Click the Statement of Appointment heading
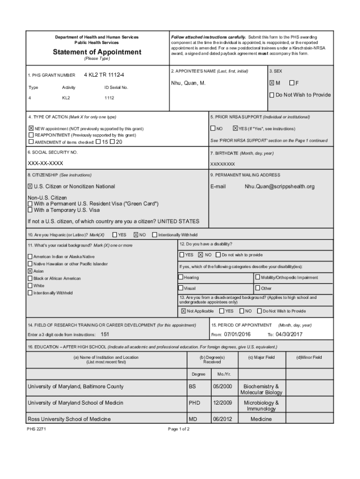click(97, 52)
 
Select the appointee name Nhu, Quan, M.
click(188, 83)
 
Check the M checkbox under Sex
click(271, 83)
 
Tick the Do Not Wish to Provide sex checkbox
click(272, 95)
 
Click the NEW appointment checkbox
click(31, 128)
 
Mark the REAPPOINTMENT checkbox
click(31, 135)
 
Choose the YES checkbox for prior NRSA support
click(235, 128)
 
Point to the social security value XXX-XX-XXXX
click(45, 163)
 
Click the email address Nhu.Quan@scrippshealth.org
click(280, 186)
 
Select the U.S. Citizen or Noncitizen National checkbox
click(30, 186)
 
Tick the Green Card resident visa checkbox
click(30, 204)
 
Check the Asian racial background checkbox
click(30, 271)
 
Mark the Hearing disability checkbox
click(181, 277)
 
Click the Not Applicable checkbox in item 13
click(183, 311)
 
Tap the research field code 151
click(105, 334)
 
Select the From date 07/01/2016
click(238, 334)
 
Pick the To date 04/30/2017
click(289, 334)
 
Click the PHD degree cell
click(194, 403)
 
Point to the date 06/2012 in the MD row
click(222, 419)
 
